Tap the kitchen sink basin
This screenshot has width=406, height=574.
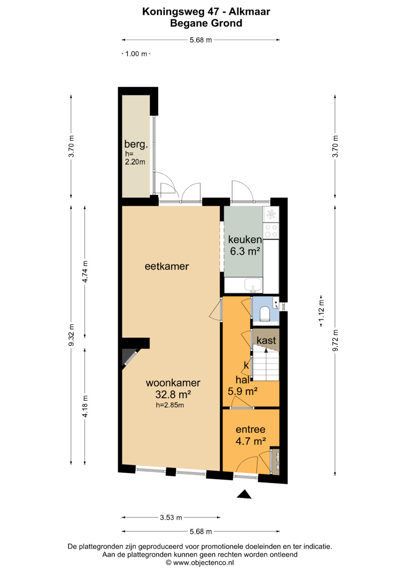[253, 285]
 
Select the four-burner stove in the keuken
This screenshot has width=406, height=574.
[271, 231]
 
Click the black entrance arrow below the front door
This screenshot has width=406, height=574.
[244, 494]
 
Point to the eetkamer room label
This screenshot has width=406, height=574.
[167, 267]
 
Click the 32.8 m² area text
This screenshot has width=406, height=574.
[173, 394]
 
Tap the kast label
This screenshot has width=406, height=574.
[266, 340]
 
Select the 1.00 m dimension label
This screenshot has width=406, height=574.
[136, 54]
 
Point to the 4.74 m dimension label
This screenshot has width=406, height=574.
[85, 272]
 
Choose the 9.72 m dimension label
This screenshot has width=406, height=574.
[335, 340]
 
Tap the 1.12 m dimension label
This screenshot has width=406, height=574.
[321, 310]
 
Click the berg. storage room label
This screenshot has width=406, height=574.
[136, 144]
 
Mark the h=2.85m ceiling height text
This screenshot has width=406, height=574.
[170, 405]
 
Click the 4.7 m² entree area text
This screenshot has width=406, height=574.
[250, 441]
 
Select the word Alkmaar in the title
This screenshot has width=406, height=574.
[249, 12]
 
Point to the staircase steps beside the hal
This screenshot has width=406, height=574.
[266, 364]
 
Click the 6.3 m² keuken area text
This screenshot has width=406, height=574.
[245, 251]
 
